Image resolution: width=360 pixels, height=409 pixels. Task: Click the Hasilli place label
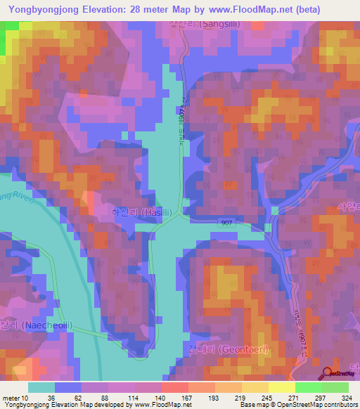(148, 212)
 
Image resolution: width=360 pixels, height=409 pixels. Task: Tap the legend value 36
(41, 398)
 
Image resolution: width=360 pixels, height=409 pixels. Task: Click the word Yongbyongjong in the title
(41, 10)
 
